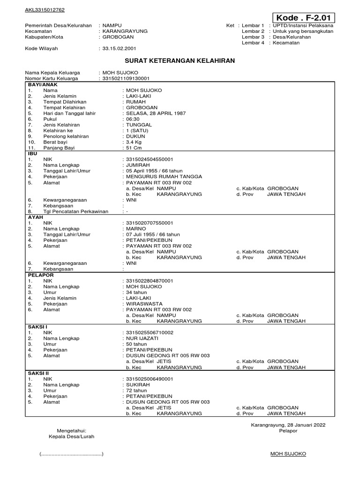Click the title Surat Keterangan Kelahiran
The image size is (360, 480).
[180, 61]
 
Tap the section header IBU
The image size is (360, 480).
[32, 153]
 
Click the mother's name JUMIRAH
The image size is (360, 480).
[137, 165]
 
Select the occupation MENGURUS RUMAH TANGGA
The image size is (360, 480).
[163, 177]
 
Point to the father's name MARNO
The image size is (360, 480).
[135, 229]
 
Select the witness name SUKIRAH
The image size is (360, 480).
[137, 384]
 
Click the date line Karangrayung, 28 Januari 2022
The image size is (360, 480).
[288, 425]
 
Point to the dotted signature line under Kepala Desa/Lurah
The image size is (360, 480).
[71, 454]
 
